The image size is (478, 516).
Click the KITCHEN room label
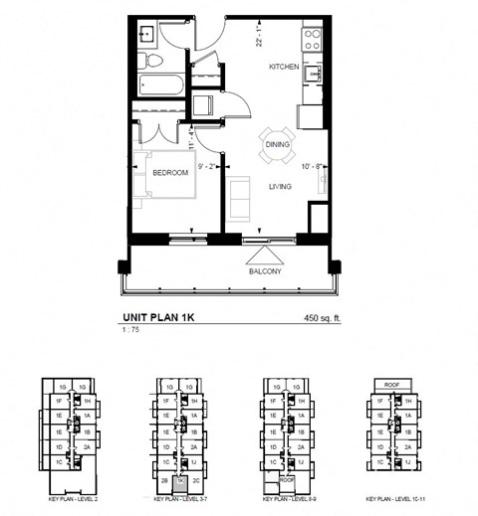pyautogui.click(x=284, y=68)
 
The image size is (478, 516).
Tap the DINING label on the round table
pyautogui.click(x=278, y=145)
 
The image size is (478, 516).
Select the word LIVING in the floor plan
pyautogui.click(x=279, y=186)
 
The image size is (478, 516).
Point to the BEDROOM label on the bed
pyautogui.click(x=170, y=173)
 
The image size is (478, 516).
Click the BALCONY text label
pyautogui.click(x=265, y=270)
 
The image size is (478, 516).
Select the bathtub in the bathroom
pyautogui.click(x=159, y=84)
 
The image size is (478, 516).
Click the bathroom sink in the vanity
pyautogui.click(x=145, y=32)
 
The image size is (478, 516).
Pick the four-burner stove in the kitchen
pyautogui.click(x=313, y=40)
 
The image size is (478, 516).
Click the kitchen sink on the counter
pyautogui.click(x=314, y=74)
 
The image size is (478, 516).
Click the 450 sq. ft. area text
pyautogui.click(x=324, y=319)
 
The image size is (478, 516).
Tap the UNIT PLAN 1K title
pyautogui.click(x=156, y=319)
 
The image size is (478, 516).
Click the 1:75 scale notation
pyautogui.click(x=126, y=331)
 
